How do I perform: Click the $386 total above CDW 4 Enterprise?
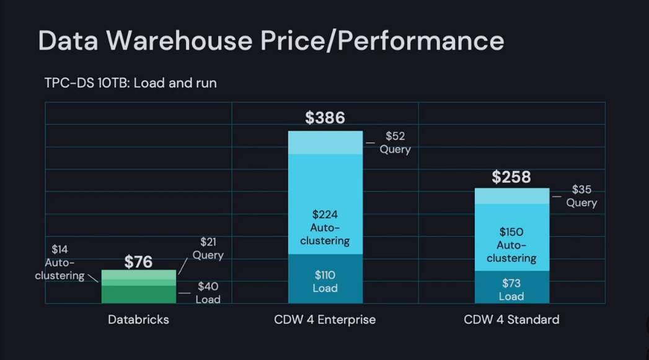click(325, 118)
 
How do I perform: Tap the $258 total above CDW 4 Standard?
click(511, 177)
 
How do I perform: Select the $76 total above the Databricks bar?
click(138, 261)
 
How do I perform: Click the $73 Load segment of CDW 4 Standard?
click(511, 289)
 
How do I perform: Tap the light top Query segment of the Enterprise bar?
click(325, 143)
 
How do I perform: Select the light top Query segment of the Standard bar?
click(511, 196)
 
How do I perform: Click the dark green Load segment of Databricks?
click(138, 294)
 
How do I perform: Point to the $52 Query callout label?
click(395, 143)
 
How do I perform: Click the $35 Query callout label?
click(581, 196)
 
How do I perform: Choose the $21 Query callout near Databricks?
click(208, 248)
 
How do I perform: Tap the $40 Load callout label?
click(208, 292)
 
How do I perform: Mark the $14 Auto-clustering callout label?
click(60, 262)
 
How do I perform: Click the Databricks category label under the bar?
click(138, 320)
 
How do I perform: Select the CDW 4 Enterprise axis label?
click(325, 320)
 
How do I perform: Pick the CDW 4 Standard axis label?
click(511, 320)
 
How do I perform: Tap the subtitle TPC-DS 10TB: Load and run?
click(130, 82)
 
